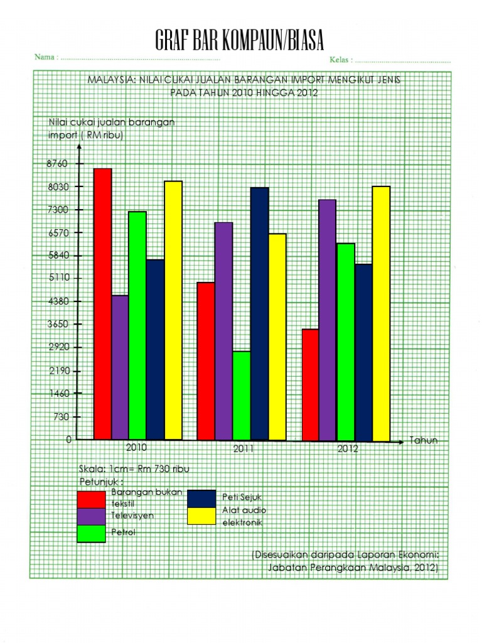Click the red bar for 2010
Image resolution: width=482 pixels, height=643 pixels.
(103, 304)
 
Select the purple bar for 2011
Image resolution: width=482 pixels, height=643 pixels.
(223, 331)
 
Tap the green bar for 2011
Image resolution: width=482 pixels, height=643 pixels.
(242, 396)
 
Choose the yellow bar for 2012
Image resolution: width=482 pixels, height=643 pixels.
(381, 313)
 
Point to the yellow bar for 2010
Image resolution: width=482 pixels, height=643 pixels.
(173, 310)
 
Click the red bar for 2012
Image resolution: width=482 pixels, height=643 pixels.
(310, 384)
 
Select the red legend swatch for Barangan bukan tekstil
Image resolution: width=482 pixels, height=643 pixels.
(92, 499)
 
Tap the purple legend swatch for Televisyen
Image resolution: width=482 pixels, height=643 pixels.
(92, 516)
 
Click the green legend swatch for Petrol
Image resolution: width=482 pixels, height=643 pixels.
(92, 533)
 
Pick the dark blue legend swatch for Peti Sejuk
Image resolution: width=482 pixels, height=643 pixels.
(201, 498)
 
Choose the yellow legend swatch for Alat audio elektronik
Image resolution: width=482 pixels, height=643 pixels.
(201, 516)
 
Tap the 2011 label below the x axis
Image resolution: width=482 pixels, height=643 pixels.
(244, 449)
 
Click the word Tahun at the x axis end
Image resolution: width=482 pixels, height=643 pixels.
(424, 441)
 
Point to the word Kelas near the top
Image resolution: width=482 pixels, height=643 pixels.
(340, 60)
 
